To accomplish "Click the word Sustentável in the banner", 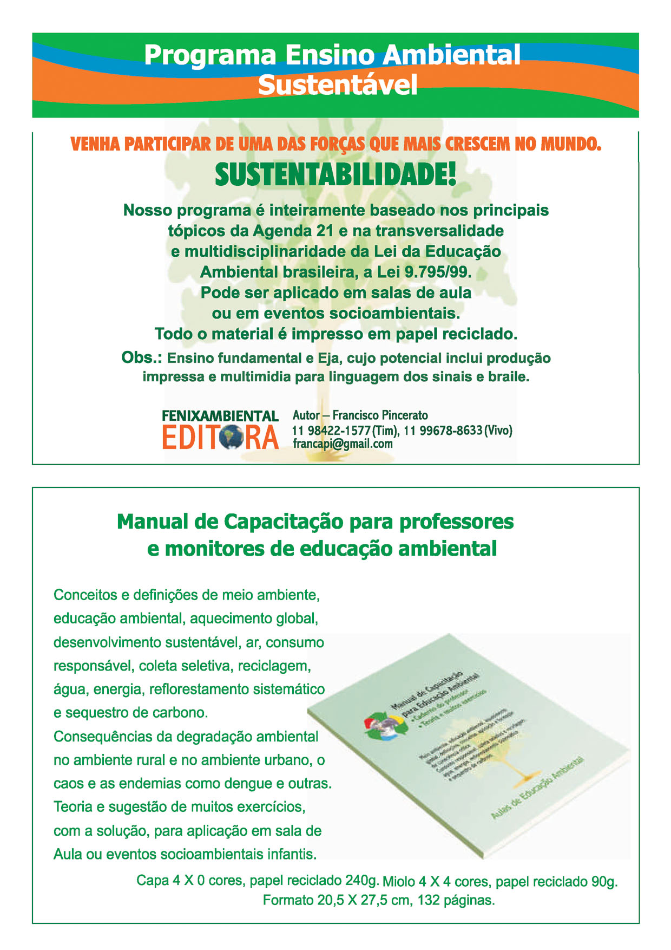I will click(x=338, y=85).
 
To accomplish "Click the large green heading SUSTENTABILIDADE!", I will click(x=335, y=175).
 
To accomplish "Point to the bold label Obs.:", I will click(x=142, y=358).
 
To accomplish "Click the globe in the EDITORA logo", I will click(x=232, y=437).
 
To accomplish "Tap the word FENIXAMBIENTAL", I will click(x=220, y=416).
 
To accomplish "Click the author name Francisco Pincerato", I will click(x=380, y=415).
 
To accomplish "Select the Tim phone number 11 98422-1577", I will click(x=331, y=431).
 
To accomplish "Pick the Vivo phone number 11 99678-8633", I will click(x=443, y=431).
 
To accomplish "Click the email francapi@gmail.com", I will click(x=343, y=444).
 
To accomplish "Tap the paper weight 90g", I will click(x=604, y=882).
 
